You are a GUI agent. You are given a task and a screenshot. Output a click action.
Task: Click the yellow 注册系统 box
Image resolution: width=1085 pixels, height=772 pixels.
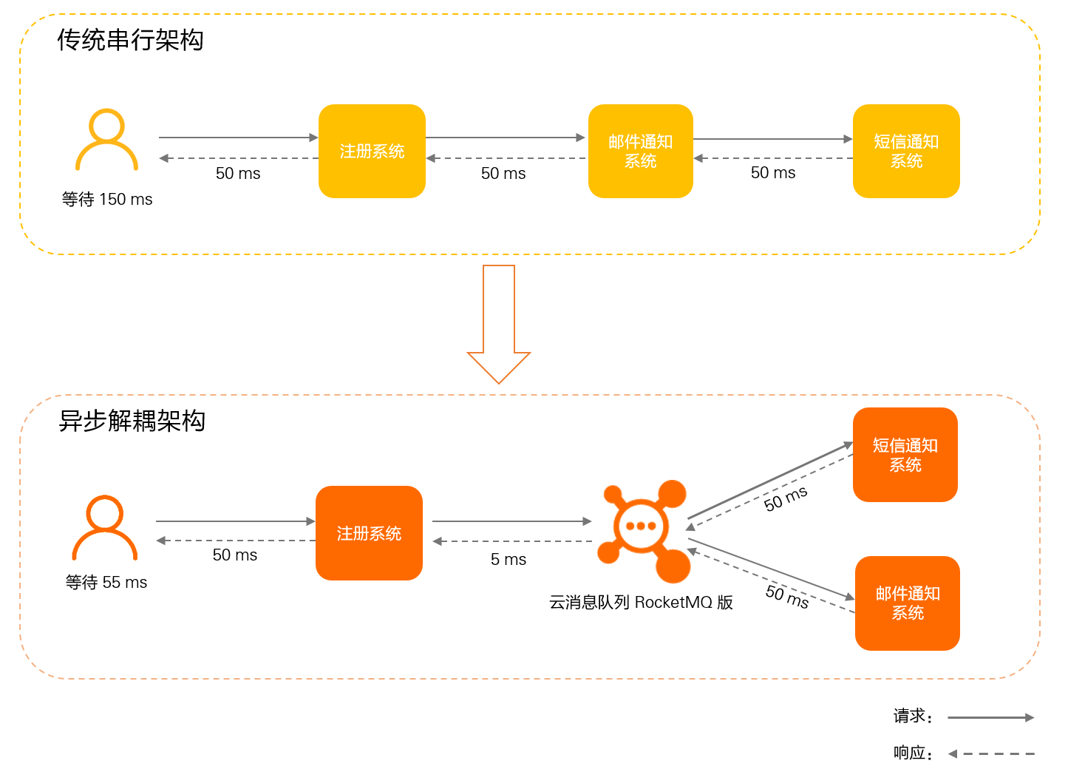[x=372, y=151]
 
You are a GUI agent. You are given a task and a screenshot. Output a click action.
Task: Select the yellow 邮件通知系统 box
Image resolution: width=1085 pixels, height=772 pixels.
[x=640, y=151]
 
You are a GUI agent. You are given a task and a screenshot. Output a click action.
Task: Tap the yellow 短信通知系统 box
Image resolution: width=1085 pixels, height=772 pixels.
[x=906, y=151]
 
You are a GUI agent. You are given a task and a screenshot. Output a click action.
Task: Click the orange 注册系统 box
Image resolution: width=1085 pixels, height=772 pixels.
[x=369, y=533]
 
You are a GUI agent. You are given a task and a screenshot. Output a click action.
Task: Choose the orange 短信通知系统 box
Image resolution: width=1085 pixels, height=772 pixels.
[x=905, y=455]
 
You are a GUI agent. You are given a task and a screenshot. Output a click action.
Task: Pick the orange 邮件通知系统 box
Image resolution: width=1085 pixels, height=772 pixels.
[x=907, y=603]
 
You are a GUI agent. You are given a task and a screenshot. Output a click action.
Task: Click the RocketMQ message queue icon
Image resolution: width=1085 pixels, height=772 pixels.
[x=643, y=529]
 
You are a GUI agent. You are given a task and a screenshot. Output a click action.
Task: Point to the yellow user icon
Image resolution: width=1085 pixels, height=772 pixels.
[x=106, y=140]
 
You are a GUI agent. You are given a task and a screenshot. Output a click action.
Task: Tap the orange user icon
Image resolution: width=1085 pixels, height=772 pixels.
[x=105, y=527]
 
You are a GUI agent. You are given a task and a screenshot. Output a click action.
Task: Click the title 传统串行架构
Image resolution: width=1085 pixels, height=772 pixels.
[x=130, y=40]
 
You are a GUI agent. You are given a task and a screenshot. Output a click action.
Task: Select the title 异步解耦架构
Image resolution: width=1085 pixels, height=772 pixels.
[x=132, y=421]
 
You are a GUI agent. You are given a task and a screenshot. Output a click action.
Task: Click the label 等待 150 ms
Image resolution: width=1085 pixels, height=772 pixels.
[x=107, y=200]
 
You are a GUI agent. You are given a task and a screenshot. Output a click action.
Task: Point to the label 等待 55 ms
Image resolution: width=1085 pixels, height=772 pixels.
[x=106, y=583]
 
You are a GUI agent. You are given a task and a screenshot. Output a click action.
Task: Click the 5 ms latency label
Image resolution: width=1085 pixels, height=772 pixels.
[x=509, y=560]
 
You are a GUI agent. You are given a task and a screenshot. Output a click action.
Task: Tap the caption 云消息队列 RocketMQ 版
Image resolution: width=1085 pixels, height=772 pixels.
[x=641, y=603]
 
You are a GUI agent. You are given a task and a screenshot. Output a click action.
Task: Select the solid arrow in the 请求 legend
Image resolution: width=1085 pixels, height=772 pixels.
[x=990, y=717]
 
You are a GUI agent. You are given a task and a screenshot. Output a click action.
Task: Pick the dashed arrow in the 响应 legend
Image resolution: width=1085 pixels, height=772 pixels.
[x=991, y=754]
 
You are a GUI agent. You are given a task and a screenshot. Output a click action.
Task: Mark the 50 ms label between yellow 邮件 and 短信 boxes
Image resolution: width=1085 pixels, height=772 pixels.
[x=773, y=173]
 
